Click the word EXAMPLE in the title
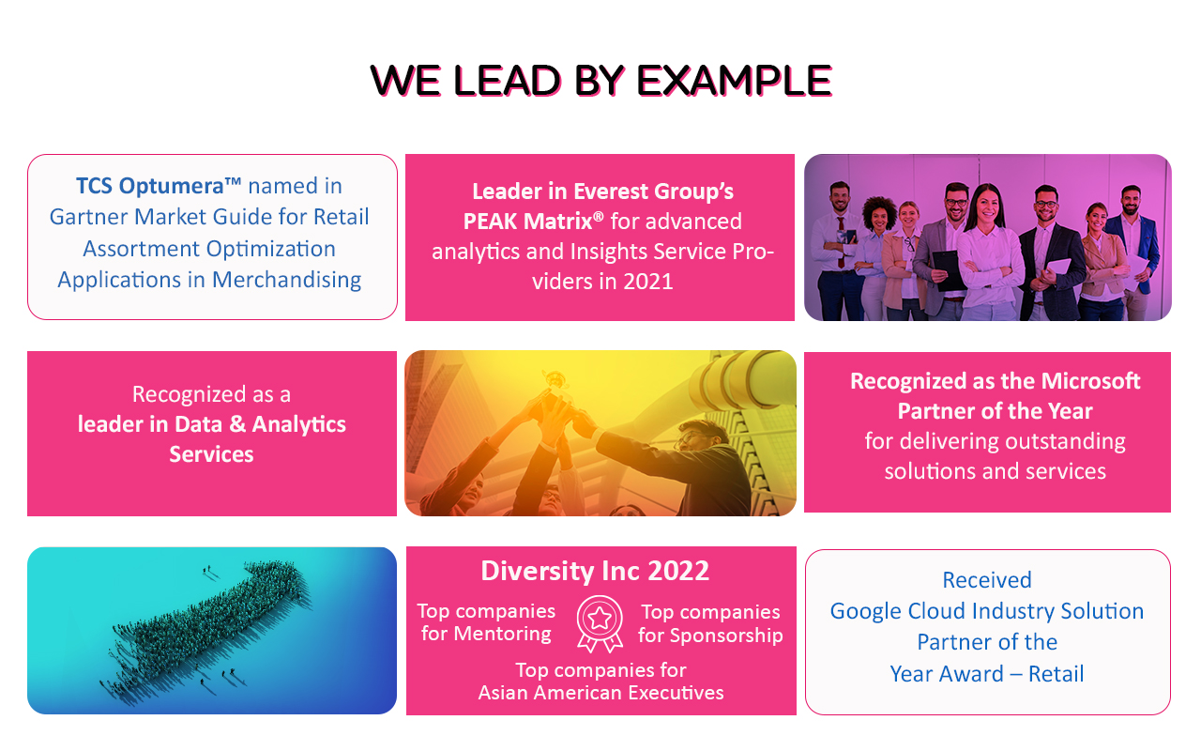[x=734, y=81]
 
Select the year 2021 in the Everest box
[x=647, y=282]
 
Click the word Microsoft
[x=1091, y=381]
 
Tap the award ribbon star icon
[x=600, y=623]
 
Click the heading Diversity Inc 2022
[x=595, y=571]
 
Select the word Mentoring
[x=502, y=634]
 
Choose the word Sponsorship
[x=726, y=636]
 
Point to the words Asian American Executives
[x=601, y=693]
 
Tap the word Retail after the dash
[x=1057, y=674]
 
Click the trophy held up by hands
[x=555, y=381]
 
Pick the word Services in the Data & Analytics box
[x=211, y=455]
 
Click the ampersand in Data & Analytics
[x=237, y=425]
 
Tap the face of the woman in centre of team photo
[x=986, y=207]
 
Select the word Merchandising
[x=286, y=280]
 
